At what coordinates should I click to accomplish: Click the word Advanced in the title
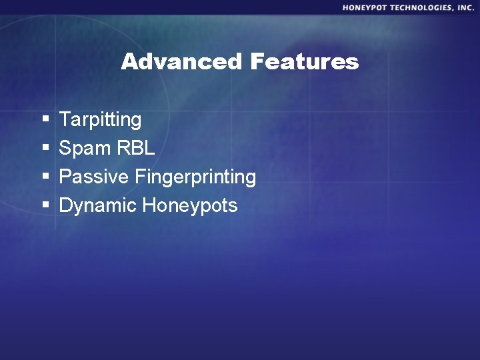coord(181,62)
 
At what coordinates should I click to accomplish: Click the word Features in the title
coord(305,62)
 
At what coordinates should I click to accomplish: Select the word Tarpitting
coord(100,120)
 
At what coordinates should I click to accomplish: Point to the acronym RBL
coord(136,149)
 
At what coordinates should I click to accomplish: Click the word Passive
coord(94,177)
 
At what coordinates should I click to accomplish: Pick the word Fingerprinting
coord(195,177)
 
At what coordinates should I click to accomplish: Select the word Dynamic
coord(98,206)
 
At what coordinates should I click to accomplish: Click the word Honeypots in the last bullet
coord(190,206)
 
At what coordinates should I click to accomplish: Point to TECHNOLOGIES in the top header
coord(423,7)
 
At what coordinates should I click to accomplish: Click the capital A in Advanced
coord(129,62)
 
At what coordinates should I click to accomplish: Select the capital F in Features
coord(257,62)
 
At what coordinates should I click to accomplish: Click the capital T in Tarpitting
coord(65,120)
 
